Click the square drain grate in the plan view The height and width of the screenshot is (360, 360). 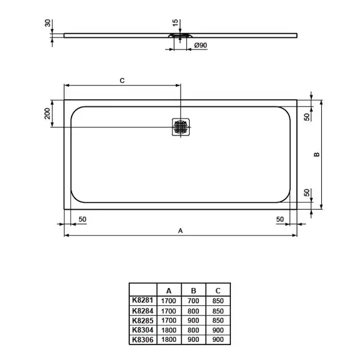(x=181, y=127)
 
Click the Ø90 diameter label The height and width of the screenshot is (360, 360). (x=201, y=45)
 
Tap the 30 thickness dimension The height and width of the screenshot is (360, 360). (x=47, y=23)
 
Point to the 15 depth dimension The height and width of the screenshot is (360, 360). (x=175, y=23)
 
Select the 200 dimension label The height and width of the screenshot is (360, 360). (x=47, y=113)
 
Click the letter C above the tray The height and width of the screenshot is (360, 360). (x=122, y=81)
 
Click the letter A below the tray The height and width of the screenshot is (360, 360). (x=181, y=230)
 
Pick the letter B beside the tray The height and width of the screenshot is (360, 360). (x=317, y=154)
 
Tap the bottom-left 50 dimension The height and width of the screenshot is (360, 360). (x=82, y=219)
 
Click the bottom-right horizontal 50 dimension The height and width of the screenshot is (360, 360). (x=280, y=219)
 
